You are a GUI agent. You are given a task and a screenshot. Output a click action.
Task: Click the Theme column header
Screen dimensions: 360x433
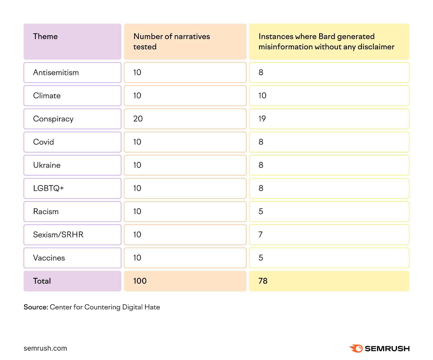(x=45, y=37)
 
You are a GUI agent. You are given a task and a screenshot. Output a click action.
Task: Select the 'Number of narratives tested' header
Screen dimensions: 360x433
(x=172, y=41)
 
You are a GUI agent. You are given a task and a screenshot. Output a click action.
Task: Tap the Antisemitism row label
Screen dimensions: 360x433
(x=56, y=73)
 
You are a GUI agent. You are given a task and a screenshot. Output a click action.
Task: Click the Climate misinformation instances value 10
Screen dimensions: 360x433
(x=262, y=96)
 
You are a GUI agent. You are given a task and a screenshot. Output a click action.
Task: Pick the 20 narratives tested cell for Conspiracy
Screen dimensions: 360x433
(x=138, y=119)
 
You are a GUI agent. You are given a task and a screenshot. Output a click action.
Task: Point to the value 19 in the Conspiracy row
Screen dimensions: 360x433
(x=262, y=119)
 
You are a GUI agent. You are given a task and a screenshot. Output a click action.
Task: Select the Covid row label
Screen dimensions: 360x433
(x=44, y=142)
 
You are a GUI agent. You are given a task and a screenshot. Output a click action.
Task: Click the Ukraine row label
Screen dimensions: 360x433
(x=47, y=165)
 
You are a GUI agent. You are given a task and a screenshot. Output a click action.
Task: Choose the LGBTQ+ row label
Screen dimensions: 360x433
(x=48, y=188)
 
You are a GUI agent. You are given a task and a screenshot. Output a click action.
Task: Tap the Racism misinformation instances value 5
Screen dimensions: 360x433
(x=261, y=212)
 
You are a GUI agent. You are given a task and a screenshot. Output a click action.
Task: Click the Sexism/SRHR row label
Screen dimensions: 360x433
(x=58, y=235)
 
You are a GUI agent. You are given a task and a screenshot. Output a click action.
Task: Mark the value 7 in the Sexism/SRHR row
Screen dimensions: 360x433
(x=261, y=235)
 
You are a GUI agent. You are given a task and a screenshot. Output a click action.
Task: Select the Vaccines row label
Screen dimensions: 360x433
(x=49, y=258)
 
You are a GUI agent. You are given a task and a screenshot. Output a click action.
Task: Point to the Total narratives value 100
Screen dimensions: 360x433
(x=140, y=281)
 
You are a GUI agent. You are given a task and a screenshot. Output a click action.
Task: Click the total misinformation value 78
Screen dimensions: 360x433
(x=263, y=281)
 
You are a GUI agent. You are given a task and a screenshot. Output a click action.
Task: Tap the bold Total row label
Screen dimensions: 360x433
(x=42, y=281)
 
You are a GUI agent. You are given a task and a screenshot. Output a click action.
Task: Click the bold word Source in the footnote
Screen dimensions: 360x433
(x=36, y=307)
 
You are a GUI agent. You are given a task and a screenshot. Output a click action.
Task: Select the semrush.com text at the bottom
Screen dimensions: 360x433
(x=45, y=348)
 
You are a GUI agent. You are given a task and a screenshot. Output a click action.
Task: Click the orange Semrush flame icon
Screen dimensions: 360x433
(x=356, y=348)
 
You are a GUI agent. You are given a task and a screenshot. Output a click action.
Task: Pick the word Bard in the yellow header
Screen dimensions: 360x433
(x=327, y=37)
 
